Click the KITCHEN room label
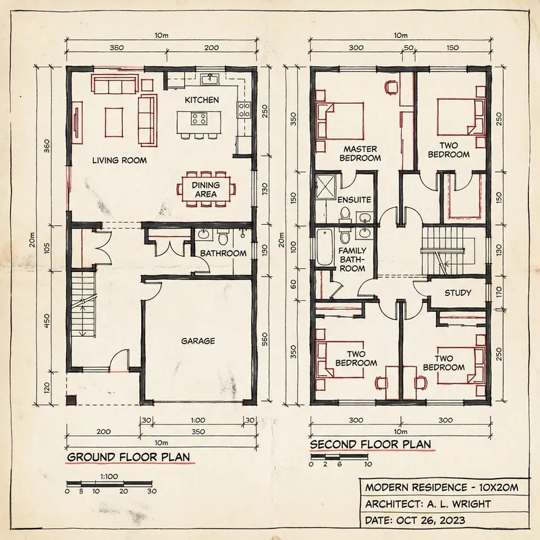coord(202,100)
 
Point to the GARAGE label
coord(198,341)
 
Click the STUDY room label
coord(457,293)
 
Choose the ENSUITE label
coord(354,200)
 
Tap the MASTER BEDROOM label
coord(362,153)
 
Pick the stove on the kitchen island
coord(199,119)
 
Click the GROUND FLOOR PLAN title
coord(128,458)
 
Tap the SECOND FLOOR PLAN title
coord(370,445)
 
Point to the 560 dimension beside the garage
coord(265,337)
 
